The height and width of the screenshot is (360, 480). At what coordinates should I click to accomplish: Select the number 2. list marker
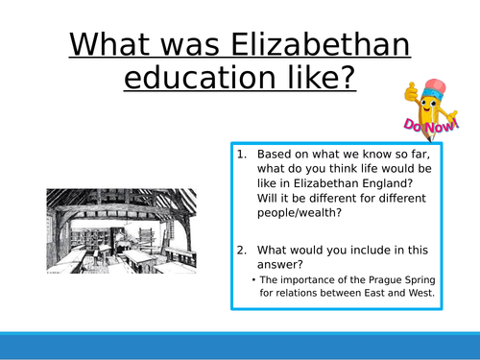[241, 250]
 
